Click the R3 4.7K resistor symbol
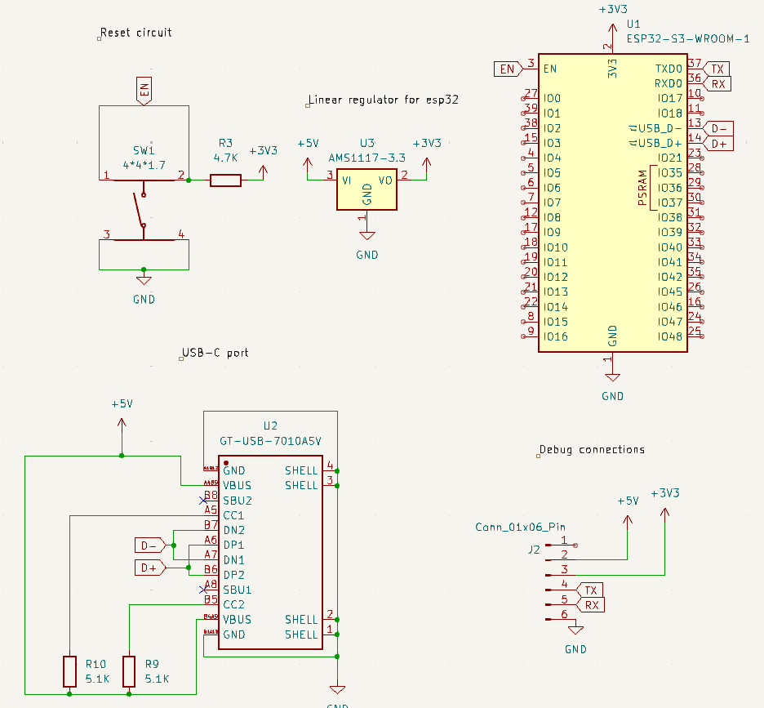(x=226, y=180)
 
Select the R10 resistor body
(x=69, y=671)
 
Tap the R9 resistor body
(x=129, y=671)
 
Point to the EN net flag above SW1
(x=144, y=91)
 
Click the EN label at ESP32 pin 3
(x=507, y=69)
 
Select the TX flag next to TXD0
(x=717, y=69)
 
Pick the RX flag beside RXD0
(x=717, y=83)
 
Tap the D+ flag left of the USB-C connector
(x=148, y=568)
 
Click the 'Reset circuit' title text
(x=136, y=33)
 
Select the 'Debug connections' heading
(x=592, y=449)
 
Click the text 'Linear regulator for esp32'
(x=384, y=100)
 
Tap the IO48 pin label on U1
(x=669, y=336)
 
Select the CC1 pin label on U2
(x=233, y=515)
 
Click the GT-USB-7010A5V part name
(x=270, y=440)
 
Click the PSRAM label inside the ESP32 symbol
(x=642, y=188)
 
